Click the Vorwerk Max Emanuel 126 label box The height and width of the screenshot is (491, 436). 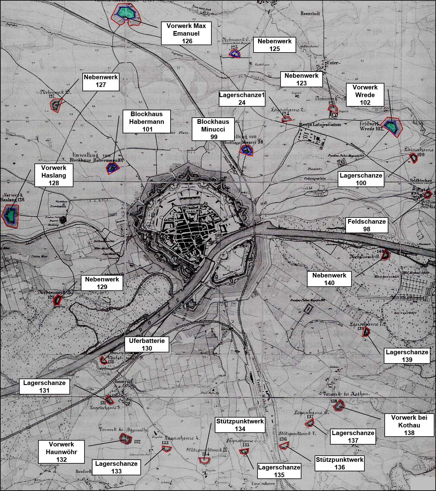pos(187,33)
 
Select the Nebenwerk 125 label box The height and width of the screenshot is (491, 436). pos(274,45)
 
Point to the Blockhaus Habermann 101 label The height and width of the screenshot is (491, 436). pos(147,122)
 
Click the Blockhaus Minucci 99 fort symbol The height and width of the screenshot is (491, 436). pos(246,150)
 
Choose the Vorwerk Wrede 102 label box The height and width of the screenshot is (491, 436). pos(365,95)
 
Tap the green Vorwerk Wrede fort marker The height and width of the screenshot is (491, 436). pos(391,127)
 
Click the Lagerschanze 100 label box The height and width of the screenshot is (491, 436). pos(361,179)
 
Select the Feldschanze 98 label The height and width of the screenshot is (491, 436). pos(366,225)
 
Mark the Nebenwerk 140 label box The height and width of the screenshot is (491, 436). pos(329,279)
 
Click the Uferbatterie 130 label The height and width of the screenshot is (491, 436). pos(147,344)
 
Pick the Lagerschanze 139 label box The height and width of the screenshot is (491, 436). pos(407,356)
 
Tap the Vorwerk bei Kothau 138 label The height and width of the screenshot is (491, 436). pos(409,425)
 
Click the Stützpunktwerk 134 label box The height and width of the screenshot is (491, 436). pos(240,425)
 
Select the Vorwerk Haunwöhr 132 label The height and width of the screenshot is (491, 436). pos(61,452)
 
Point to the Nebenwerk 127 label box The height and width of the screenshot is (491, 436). pos(101,81)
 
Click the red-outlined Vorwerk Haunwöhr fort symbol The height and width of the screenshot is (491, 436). pos(125,438)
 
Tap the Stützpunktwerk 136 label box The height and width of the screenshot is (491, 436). pos(340,463)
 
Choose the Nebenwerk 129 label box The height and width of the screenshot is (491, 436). pos(102,283)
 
